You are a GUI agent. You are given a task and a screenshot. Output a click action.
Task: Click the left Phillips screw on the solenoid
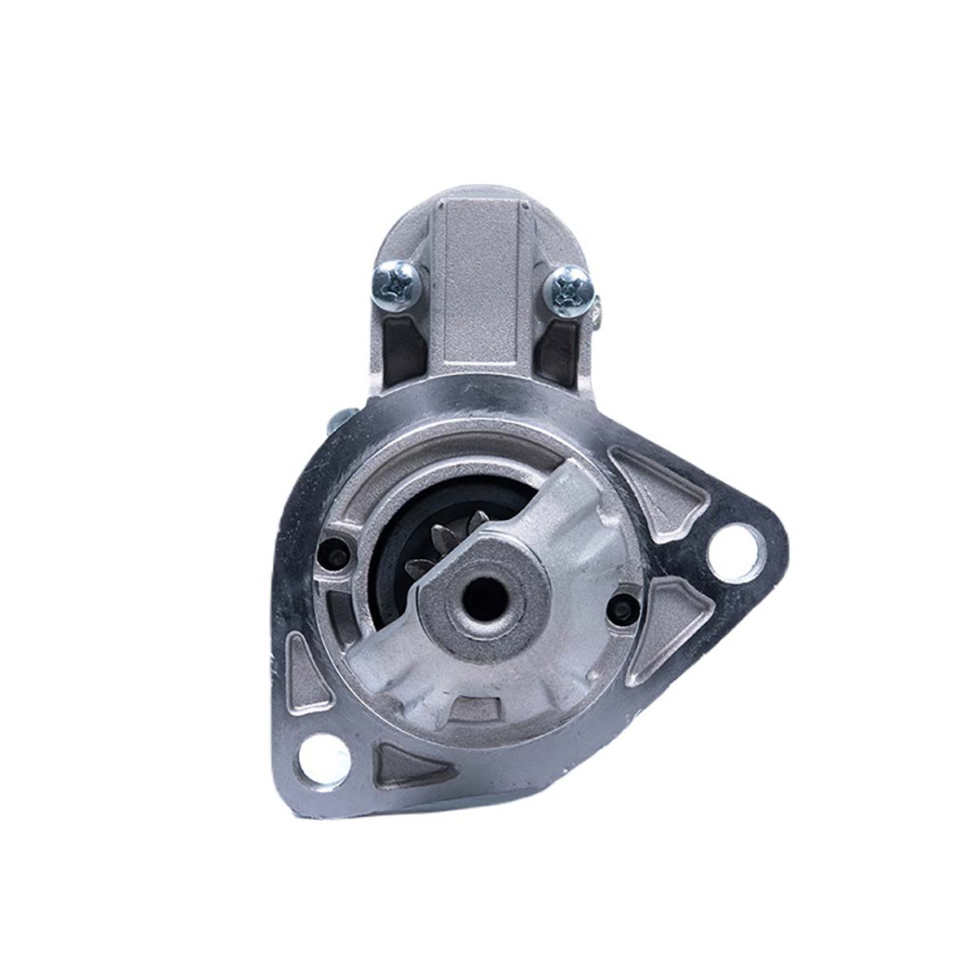[397, 283]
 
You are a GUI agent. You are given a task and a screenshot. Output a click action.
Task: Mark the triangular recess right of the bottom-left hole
[402, 766]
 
